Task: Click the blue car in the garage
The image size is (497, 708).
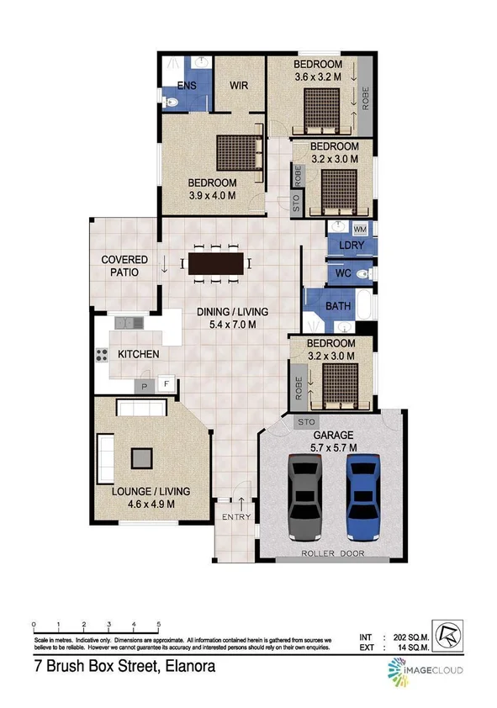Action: coord(362,498)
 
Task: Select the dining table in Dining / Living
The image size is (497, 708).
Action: coord(215,264)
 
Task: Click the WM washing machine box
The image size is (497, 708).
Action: coord(360,230)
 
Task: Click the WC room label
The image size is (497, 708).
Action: coord(343,274)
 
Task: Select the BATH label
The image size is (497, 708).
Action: coord(338,307)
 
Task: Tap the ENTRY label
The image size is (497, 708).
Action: coord(236,517)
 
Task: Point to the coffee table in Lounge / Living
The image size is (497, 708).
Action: coord(141,458)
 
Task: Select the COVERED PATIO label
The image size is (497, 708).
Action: coord(124,266)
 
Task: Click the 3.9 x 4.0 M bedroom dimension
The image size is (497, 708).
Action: coord(212,196)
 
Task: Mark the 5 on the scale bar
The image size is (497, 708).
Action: coord(159,625)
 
